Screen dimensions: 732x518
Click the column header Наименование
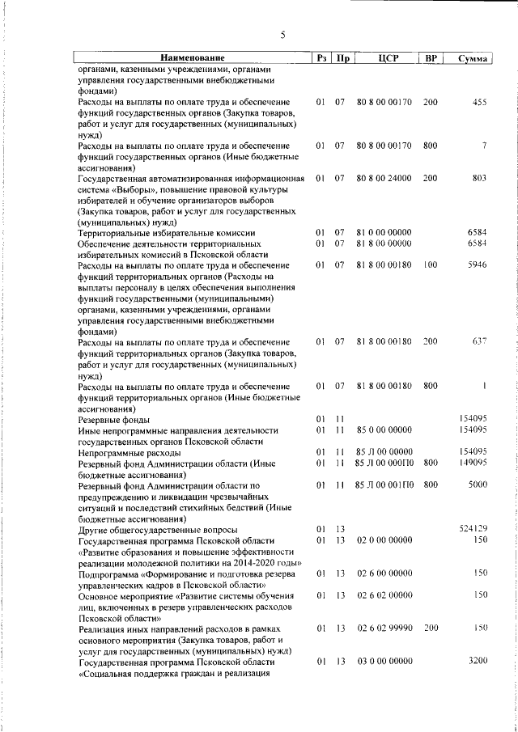[x=192, y=58]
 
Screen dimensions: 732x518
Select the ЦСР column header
[x=384, y=58]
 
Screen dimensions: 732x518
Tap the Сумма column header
[x=472, y=58]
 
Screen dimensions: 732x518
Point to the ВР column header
[x=431, y=58]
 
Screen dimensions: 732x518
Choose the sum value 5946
[x=477, y=265]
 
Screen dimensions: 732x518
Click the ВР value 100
[x=430, y=265]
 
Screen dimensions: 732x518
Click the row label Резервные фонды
[x=113, y=419]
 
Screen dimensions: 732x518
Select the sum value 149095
[x=473, y=463]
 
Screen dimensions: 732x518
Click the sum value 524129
[x=473, y=528]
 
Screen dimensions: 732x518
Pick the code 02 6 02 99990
[x=384, y=627]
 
